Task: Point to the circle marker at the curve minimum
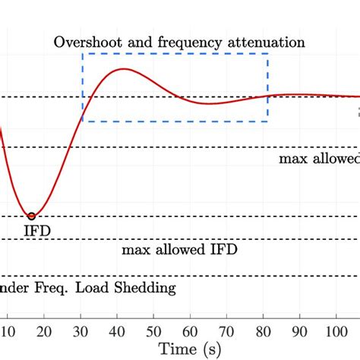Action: point(31,216)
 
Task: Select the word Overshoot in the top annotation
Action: point(84,42)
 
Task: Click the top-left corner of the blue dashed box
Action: point(83,54)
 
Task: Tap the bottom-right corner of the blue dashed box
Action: point(267,122)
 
